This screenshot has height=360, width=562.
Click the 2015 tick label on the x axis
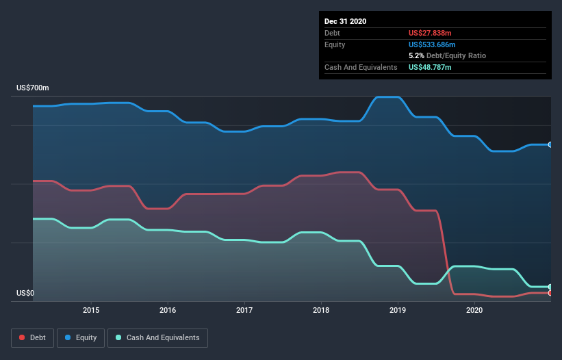(91, 310)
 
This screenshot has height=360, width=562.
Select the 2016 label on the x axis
(168, 310)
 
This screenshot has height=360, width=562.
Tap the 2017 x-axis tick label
(244, 310)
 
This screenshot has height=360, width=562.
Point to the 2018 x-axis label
(321, 310)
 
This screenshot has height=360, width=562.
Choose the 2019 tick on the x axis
(398, 310)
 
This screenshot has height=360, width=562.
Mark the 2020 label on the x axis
(474, 310)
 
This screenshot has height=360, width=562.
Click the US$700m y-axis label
(33, 88)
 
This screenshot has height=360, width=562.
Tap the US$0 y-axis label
(25, 294)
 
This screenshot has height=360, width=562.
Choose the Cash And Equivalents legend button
(157, 337)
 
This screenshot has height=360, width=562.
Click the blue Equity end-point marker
(550, 144)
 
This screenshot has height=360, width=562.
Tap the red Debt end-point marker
(550, 293)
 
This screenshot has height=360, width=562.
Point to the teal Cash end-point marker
(550, 287)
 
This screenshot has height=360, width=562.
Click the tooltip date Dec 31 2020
(345, 21)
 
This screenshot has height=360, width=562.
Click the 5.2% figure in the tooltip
(418, 55)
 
